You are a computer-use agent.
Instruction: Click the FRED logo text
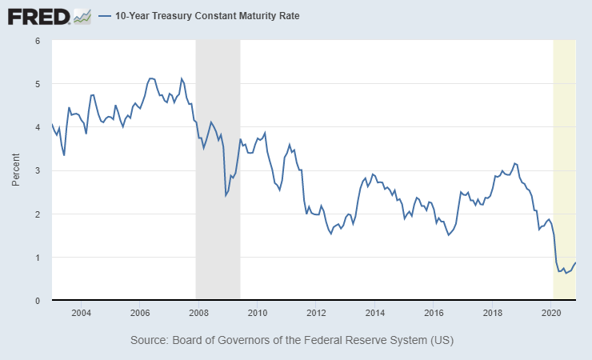pos(38,15)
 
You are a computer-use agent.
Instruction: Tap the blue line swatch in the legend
pos(105,16)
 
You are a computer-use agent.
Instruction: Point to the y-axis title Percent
pos(16,170)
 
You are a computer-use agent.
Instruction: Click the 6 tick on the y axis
pos(38,40)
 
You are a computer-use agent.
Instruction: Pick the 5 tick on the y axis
pos(38,83)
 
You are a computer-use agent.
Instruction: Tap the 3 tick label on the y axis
pos(38,170)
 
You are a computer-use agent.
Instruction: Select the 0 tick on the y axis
pos(38,301)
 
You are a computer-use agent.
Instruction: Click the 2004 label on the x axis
pos(81,313)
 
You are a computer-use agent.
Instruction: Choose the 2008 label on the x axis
pos(198,313)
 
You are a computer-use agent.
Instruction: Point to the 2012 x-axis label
pos(316,313)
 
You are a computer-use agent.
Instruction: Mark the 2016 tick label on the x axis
pos(434,313)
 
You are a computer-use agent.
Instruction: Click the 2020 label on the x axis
pos(551,313)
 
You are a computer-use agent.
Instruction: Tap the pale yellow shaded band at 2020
pos(565,160)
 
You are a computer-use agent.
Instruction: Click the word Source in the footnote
pos(150,341)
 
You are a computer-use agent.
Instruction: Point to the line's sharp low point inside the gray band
pos(226,195)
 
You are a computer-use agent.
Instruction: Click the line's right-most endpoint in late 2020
pos(576,262)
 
